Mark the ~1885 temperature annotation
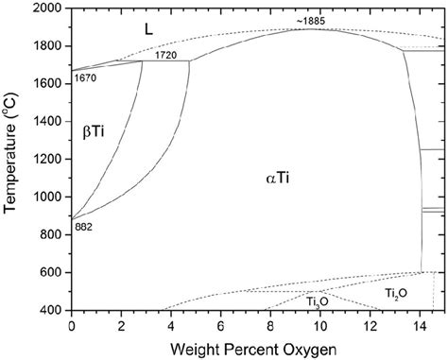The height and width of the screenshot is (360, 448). coord(309,20)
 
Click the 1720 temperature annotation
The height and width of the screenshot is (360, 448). coord(166,55)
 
